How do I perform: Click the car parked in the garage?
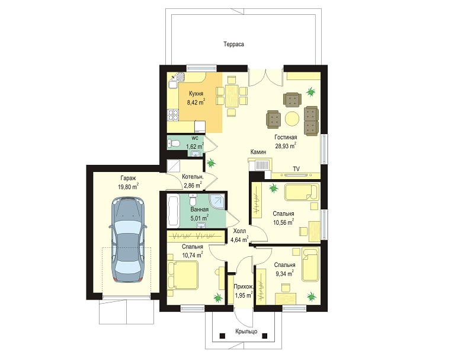[x=128, y=240]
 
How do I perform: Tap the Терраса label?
[x=233, y=44]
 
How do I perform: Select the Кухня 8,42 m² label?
[x=196, y=98]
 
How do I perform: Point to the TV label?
[x=296, y=169]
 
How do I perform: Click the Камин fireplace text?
[x=258, y=152]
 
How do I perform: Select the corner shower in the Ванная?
[x=217, y=202]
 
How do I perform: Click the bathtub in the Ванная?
[x=172, y=211]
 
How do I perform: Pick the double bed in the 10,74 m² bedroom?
[x=182, y=275]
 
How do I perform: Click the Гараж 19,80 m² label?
[x=128, y=182]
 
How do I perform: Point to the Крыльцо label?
[x=246, y=332]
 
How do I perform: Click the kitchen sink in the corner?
[x=177, y=78]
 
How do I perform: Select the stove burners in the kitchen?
[x=173, y=115]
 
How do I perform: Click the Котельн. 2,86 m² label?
[x=193, y=181]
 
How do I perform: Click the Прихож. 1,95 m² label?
[x=244, y=291]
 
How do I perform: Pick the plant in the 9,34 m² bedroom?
[x=312, y=297]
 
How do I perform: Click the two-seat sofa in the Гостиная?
[x=311, y=121]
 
